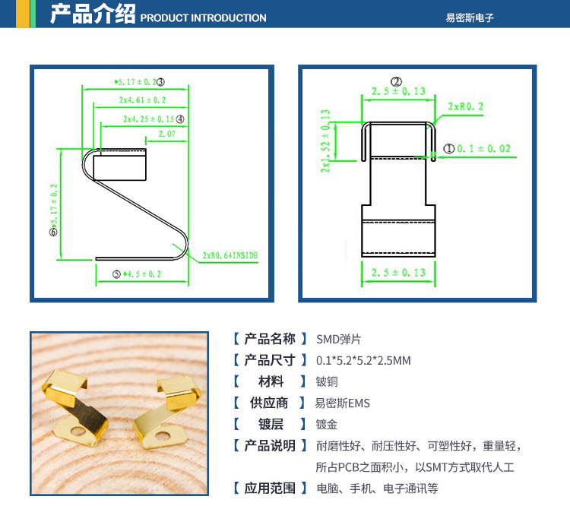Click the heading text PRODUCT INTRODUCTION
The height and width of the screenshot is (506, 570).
point(204,17)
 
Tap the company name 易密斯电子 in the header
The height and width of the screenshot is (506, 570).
point(470,17)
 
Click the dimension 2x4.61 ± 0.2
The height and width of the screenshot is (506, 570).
point(142,100)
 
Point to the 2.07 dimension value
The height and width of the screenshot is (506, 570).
point(167,134)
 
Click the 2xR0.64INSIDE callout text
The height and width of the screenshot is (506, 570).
point(230,256)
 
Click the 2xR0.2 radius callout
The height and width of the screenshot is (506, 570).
point(465,106)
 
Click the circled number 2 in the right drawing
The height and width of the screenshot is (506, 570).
point(395,81)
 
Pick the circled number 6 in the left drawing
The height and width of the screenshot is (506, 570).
point(52,232)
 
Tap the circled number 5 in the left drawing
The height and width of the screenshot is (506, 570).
point(116,274)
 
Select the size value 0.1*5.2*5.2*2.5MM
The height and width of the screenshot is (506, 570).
point(363,360)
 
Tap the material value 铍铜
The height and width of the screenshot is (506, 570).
point(327,381)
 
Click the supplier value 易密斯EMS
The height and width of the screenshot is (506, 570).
point(342,403)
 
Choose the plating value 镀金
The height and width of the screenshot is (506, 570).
point(327,424)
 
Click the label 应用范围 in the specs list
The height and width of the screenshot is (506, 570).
point(270,488)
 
